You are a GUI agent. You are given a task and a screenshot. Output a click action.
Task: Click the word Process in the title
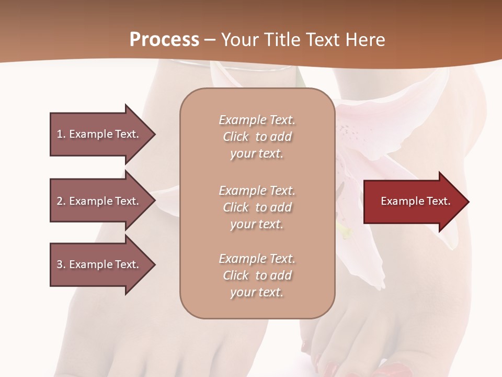[164, 39]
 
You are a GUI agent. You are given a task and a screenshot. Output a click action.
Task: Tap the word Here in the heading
[364, 39]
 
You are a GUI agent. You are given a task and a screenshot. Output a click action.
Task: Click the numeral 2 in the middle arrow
[60, 201]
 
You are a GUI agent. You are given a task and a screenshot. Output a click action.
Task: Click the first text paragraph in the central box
[257, 137]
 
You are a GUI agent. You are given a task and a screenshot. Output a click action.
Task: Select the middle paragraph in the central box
[257, 207]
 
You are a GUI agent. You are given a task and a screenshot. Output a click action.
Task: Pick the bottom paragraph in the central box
[257, 275]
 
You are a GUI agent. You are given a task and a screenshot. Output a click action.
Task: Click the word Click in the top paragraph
[236, 137]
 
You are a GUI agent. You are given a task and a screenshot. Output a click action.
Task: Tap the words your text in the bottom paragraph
[257, 293]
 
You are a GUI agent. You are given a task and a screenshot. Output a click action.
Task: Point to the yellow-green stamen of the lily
[344, 231]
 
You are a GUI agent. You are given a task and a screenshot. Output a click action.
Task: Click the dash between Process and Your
[210, 40]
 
